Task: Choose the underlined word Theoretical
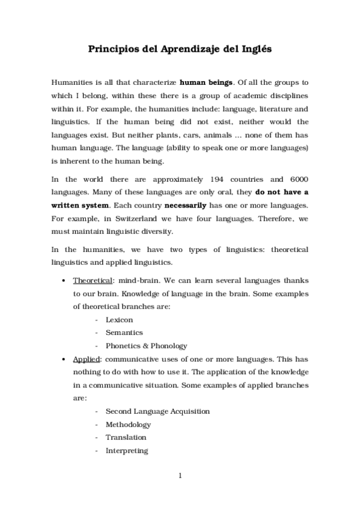[92, 280]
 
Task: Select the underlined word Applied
[87, 359]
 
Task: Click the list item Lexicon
[119, 320]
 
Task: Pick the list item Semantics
[124, 333]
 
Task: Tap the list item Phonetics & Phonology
[146, 346]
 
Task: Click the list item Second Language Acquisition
[157, 411]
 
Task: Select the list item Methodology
[128, 425]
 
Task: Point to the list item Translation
[126, 437]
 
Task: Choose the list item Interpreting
[126, 450]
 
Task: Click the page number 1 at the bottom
[180, 476]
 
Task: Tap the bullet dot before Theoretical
[64, 281]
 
